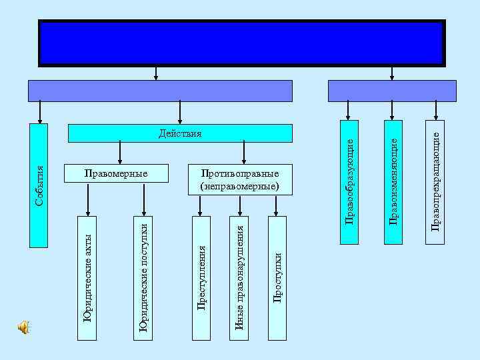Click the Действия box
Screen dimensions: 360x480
pos(181,133)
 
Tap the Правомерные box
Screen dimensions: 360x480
pos(115,173)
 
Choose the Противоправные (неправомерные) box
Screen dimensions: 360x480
pos(239,178)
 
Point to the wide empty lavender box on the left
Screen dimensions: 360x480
pos(160,91)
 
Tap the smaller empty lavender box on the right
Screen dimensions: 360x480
pos(392,91)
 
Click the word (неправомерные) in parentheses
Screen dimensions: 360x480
pos(239,185)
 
